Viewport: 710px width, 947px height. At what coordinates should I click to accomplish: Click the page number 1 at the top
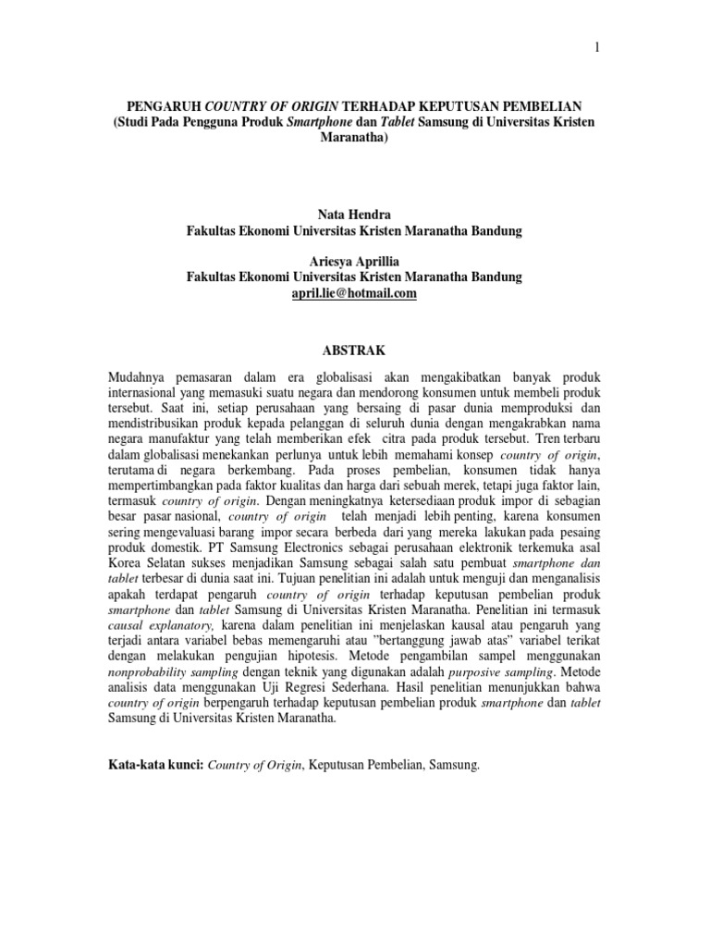click(x=596, y=48)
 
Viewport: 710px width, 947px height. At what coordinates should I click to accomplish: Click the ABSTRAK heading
click(x=354, y=351)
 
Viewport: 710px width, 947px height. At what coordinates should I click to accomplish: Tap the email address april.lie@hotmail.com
click(x=354, y=292)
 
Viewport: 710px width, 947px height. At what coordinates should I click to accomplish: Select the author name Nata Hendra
click(x=354, y=214)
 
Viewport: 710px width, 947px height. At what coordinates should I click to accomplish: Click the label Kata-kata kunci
click(x=155, y=766)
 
